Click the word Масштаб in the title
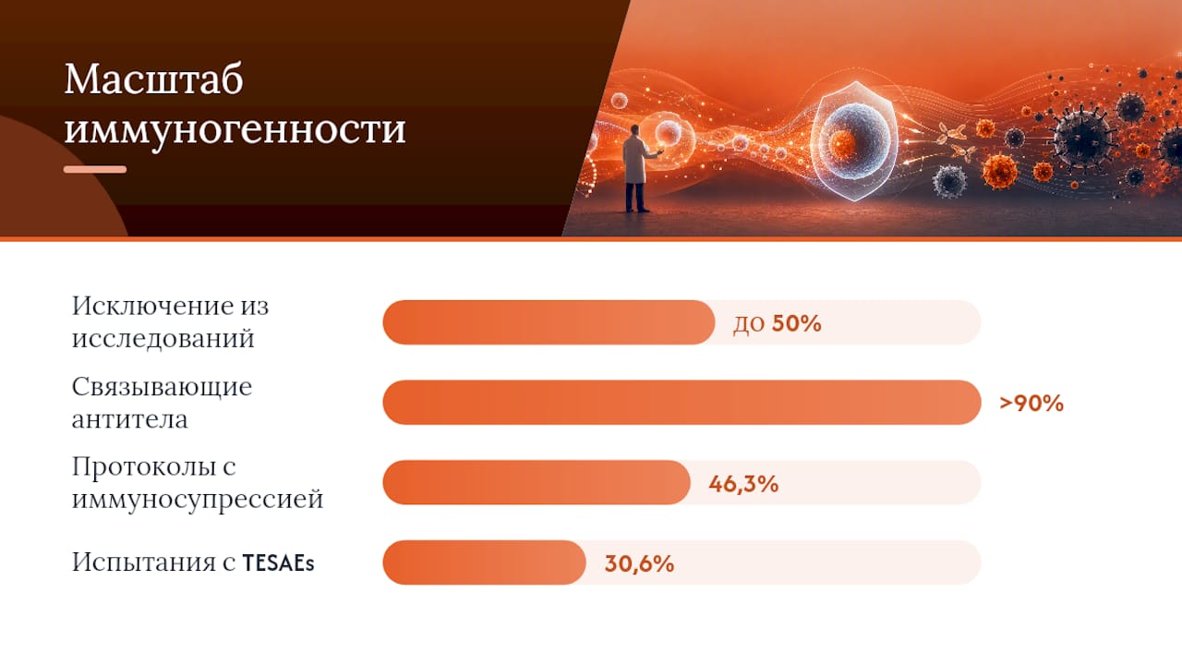coord(153,79)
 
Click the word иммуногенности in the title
coord(235,128)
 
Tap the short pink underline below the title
coord(95,169)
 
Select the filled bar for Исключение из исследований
coord(549,322)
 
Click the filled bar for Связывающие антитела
coord(681,402)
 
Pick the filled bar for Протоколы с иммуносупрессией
coord(537,482)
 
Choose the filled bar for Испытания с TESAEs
coord(485,562)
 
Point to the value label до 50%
coord(778,323)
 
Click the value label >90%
coord(1031,404)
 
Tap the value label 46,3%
coord(743,483)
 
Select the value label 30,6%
coord(640,563)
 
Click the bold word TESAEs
coord(278,563)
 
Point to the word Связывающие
coord(162,387)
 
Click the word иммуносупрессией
coord(198,499)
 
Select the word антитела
coord(130,419)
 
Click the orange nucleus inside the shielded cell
coord(842,143)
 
